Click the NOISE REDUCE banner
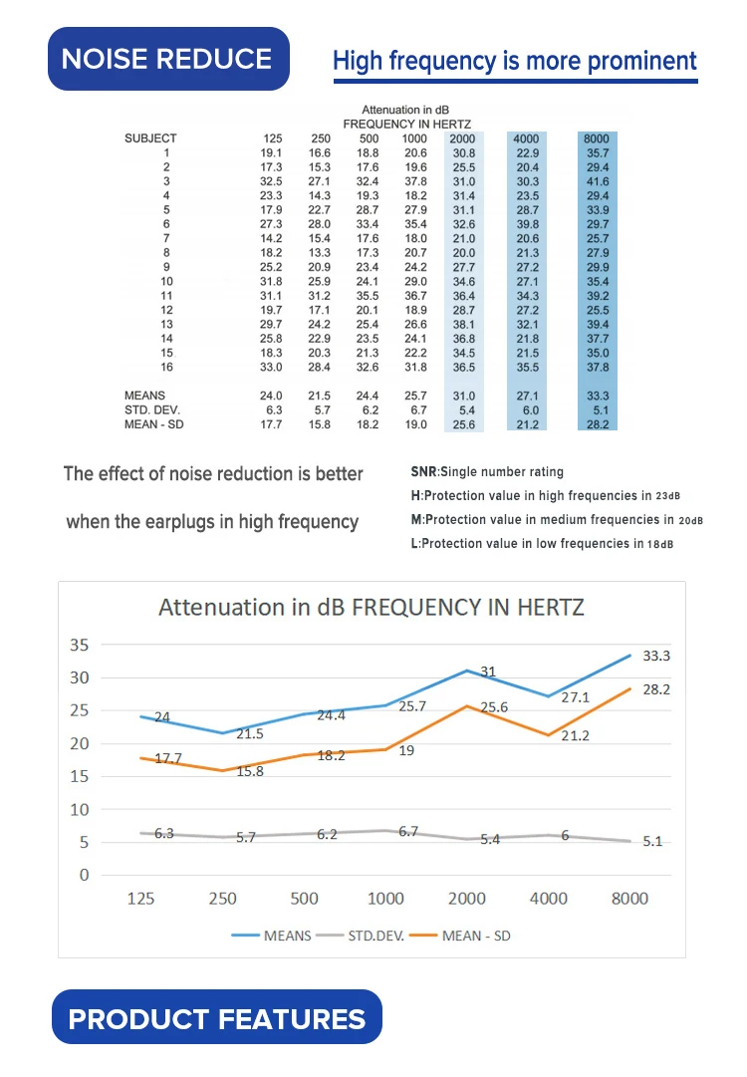(x=166, y=59)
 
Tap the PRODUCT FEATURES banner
(x=216, y=1018)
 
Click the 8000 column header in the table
(x=598, y=138)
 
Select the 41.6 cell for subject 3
(x=598, y=182)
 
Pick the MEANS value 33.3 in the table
(x=598, y=397)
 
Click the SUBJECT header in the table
(x=150, y=138)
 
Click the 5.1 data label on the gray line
(x=652, y=841)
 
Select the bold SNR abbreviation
(x=422, y=471)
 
